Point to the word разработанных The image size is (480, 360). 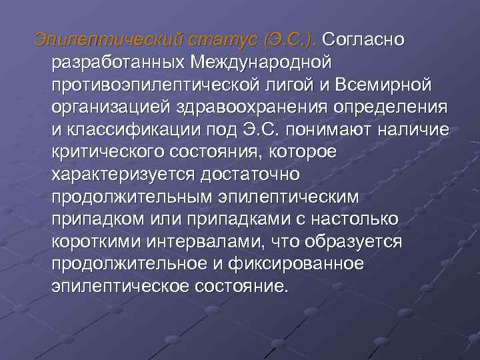[x=117, y=63]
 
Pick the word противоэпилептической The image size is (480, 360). [x=159, y=85]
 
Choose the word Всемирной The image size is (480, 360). [x=387, y=85]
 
